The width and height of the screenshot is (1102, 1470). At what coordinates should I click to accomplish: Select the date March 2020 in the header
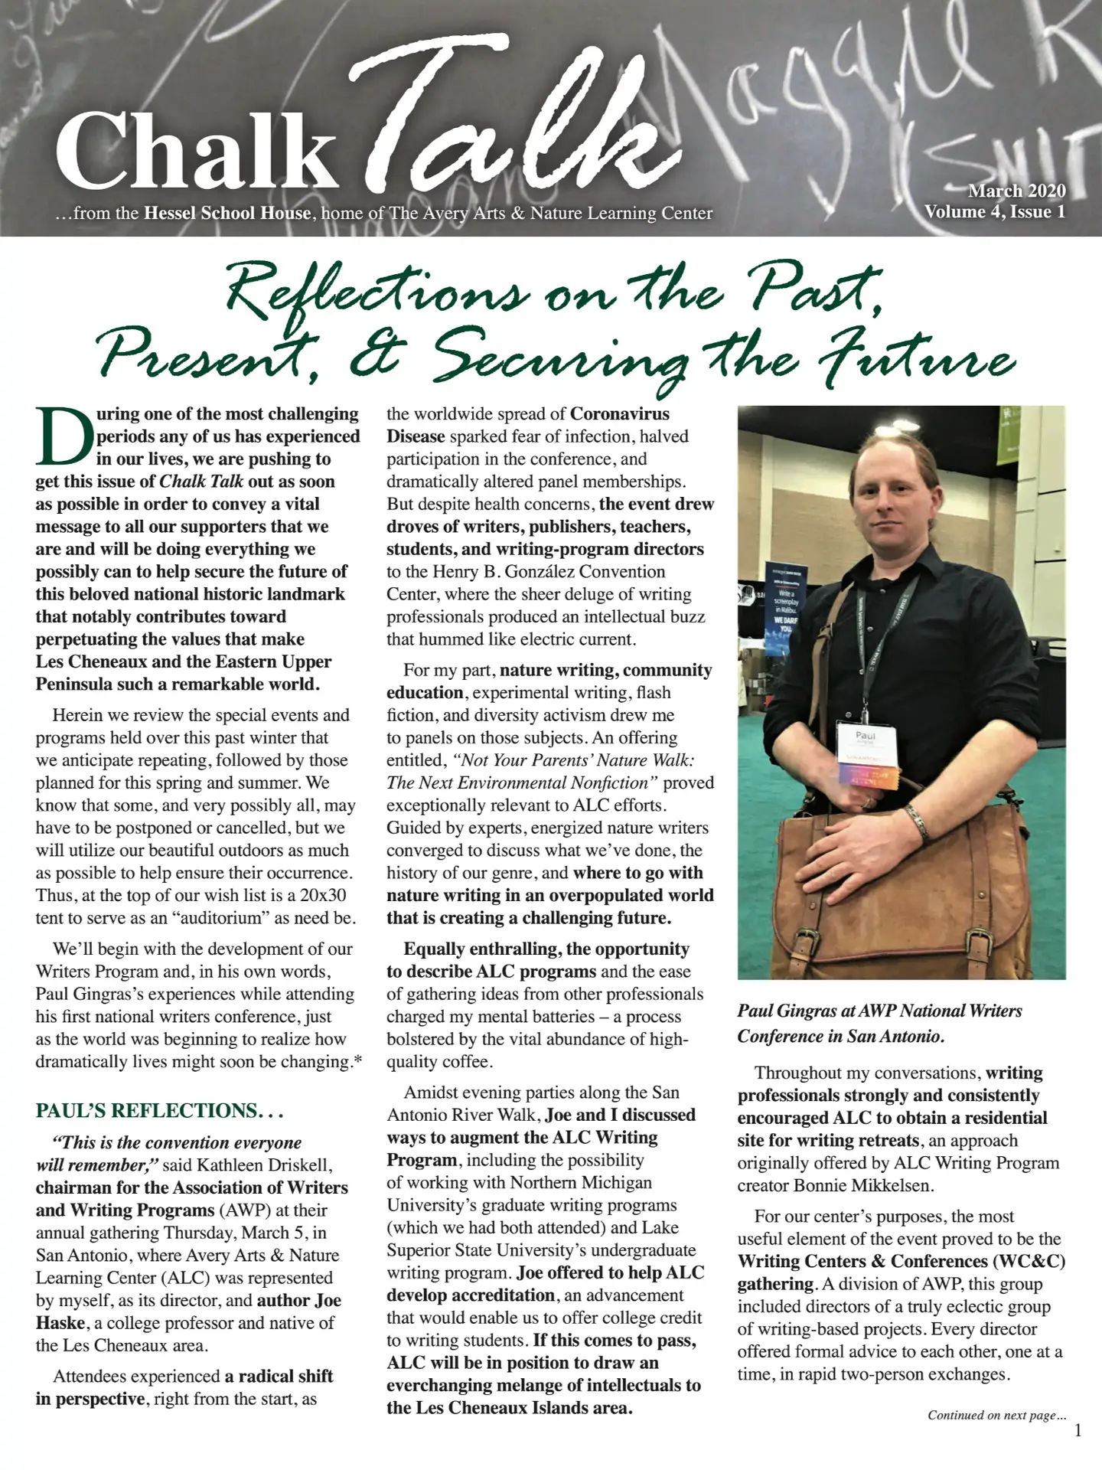click(x=1016, y=191)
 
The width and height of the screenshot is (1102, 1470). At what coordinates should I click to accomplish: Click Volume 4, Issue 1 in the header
click(x=994, y=212)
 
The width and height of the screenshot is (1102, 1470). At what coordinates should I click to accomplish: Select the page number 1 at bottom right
click(x=1078, y=1430)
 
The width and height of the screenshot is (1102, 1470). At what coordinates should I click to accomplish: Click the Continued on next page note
click(x=996, y=1415)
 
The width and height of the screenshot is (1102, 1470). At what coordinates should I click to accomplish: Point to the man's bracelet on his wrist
click(x=916, y=822)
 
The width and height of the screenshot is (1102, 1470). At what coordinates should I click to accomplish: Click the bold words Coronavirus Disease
click(x=528, y=425)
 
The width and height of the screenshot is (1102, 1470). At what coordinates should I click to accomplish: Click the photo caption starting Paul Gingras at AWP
click(x=879, y=1023)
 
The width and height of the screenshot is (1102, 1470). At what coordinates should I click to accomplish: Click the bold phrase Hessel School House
click(x=227, y=213)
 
